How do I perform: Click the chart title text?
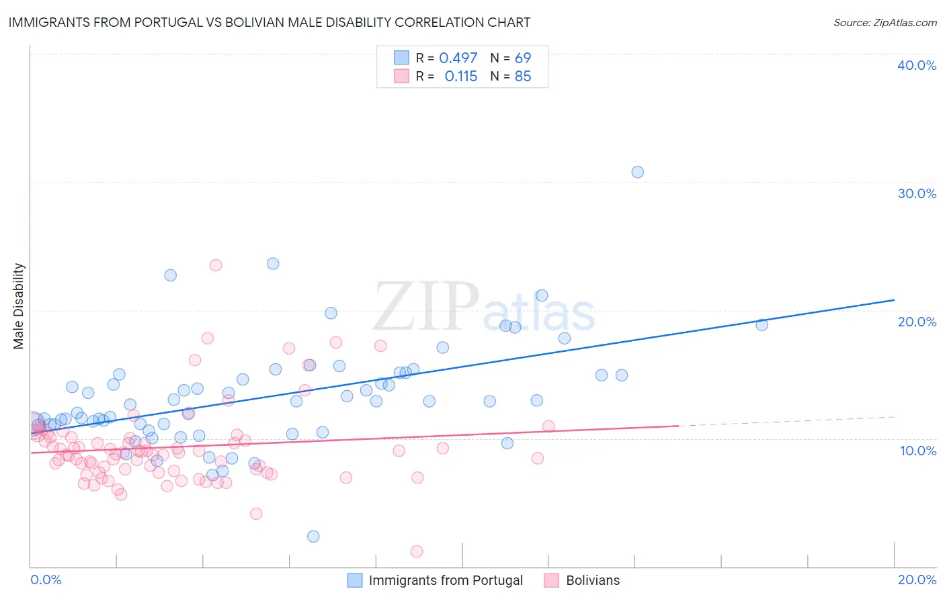270,23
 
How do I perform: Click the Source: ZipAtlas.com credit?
885,23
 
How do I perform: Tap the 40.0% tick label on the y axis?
917,65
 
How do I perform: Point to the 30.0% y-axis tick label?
917,193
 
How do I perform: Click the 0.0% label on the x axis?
46,580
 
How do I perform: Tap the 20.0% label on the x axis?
917,580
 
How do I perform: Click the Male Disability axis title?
19,306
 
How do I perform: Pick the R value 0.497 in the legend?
458,58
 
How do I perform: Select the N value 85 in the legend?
523,77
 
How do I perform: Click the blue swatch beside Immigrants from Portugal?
355,580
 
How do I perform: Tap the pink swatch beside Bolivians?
552,580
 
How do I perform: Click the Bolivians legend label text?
593,580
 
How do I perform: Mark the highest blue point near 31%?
637,172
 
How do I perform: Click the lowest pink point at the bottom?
417,551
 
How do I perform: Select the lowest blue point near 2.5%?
313,536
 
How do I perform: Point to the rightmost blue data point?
762,325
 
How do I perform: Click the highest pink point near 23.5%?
216,265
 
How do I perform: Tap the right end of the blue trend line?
894,299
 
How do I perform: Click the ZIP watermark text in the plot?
426,307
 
